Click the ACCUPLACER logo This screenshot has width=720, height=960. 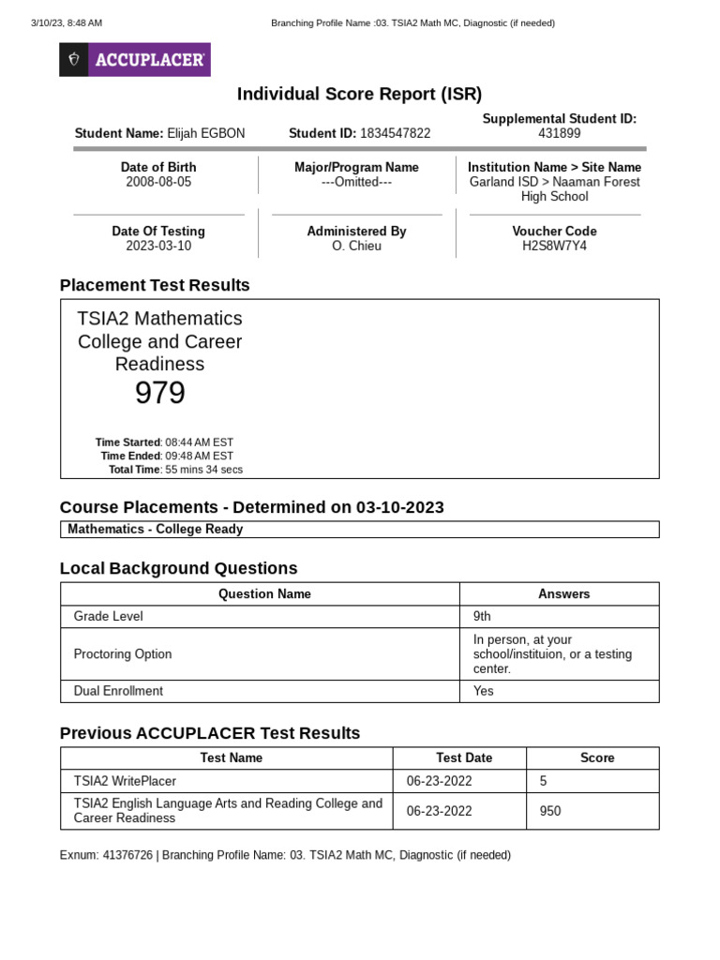[135, 60]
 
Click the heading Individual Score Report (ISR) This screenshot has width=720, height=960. [359, 94]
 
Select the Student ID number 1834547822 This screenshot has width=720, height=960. [395, 134]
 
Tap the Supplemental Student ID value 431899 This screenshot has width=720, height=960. [559, 134]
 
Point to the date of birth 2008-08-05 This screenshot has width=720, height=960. [158, 182]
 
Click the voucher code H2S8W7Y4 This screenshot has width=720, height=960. [554, 246]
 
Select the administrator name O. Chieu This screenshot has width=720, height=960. [356, 246]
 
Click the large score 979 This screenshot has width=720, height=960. [159, 394]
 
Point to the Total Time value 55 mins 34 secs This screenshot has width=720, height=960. [203, 470]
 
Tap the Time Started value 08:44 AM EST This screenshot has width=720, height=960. [200, 442]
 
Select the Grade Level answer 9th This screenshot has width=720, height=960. [482, 617]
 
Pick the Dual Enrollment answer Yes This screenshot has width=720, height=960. [484, 691]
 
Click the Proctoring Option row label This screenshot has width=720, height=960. [123, 654]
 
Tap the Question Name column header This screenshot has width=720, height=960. [264, 594]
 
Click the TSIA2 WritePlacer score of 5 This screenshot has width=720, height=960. [544, 781]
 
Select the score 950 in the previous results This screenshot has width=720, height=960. [550, 811]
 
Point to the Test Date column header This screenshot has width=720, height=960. [463, 757]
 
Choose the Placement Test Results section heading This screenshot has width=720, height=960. [155, 285]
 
